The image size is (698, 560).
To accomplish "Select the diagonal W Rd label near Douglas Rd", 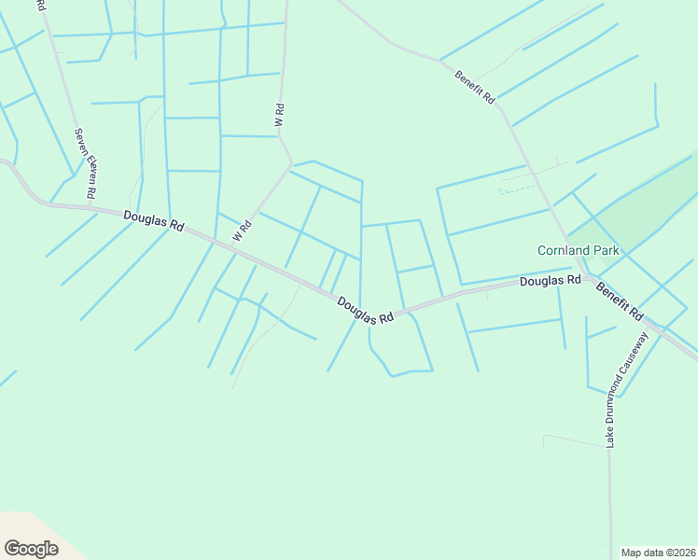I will (x=243, y=229).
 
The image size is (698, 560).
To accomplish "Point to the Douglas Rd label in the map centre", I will (x=365, y=311).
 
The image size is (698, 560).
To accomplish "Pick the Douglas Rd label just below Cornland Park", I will (x=551, y=280).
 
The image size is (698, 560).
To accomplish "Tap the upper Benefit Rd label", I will (x=475, y=87).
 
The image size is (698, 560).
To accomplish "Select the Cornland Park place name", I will (x=579, y=250).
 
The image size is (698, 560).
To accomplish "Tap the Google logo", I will (x=31, y=548).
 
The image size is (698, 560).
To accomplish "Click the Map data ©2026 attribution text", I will (x=658, y=553).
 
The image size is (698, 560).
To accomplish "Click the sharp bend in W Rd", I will (x=292, y=165).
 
